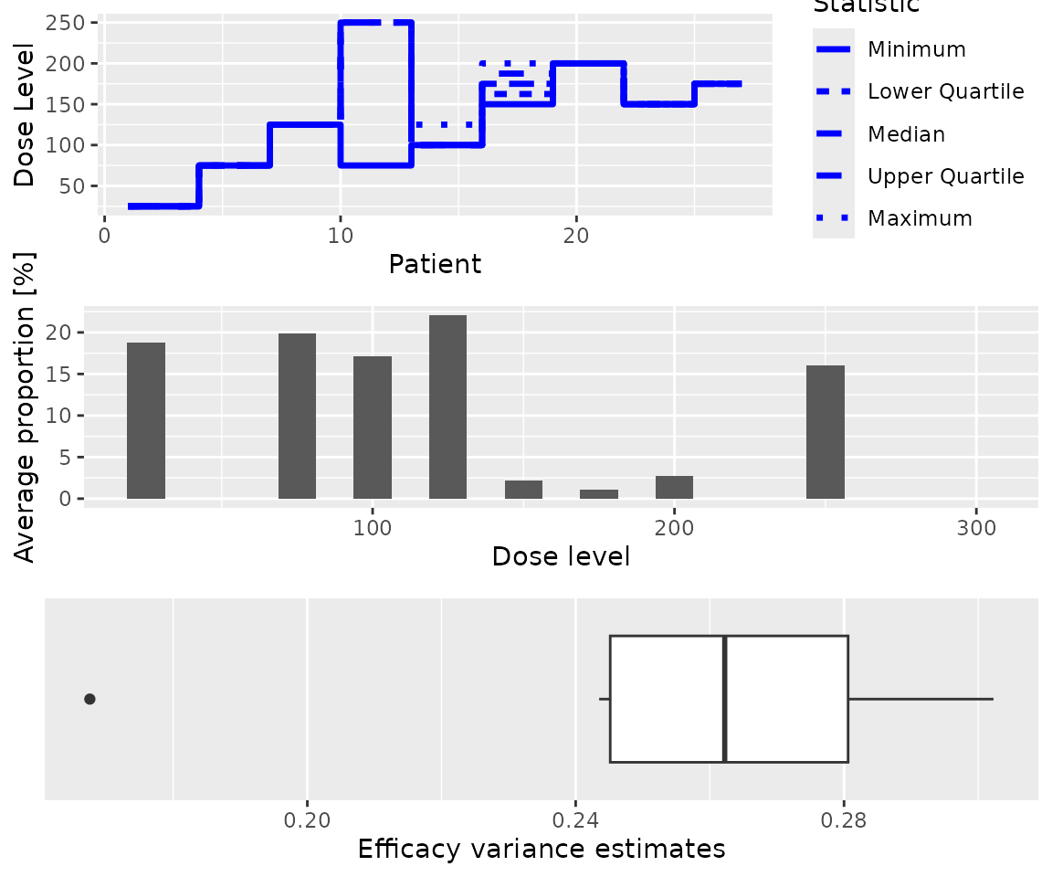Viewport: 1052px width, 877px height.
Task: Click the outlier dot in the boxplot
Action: (89, 699)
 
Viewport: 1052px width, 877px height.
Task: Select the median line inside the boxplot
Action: (724, 699)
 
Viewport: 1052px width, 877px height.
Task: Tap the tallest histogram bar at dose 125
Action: (447, 407)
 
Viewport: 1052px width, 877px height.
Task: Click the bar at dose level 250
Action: (826, 432)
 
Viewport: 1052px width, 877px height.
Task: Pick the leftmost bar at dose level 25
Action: (146, 421)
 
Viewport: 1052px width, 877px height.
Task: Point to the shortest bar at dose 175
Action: (599, 494)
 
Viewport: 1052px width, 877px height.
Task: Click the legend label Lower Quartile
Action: (945, 91)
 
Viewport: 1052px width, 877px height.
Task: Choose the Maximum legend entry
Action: (920, 218)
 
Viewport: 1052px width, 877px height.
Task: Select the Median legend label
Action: (906, 134)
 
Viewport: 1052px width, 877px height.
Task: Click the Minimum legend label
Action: (916, 48)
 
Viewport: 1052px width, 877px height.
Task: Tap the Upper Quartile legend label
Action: (945, 176)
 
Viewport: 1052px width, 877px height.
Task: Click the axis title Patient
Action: (435, 265)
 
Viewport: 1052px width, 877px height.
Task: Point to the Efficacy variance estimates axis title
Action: (542, 850)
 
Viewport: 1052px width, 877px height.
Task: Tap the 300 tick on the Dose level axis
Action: (977, 529)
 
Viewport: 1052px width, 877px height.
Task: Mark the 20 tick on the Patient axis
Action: (575, 234)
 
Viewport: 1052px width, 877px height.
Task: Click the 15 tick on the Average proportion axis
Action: (61, 375)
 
